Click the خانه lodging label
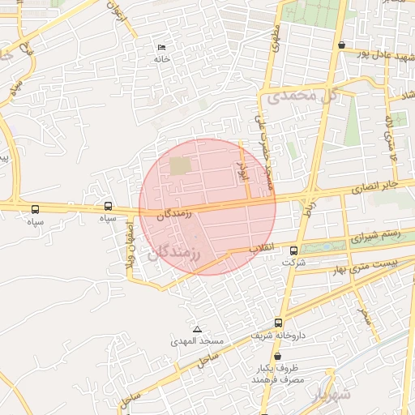pyautogui.click(x=162, y=59)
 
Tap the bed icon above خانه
pyautogui.click(x=161, y=47)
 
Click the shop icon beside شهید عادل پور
pyautogui.click(x=342, y=45)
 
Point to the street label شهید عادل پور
pyautogui.click(x=377, y=53)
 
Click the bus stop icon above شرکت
pyautogui.click(x=293, y=250)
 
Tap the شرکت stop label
pyautogui.click(x=294, y=263)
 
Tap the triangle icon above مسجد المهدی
pyautogui.click(x=197, y=329)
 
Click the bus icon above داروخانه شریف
pyautogui.click(x=279, y=322)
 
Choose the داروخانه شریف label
pyautogui.click(x=272, y=335)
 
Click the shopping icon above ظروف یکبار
pyautogui.click(x=277, y=357)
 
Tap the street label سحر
pyautogui.click(x=364, y=315)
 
